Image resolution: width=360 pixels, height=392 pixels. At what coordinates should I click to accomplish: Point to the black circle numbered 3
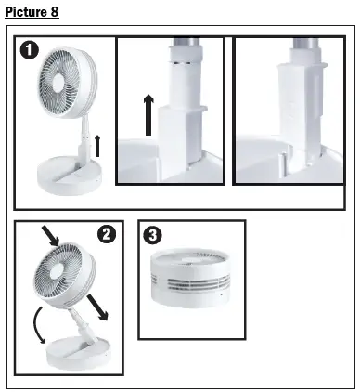tap(151, 234)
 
